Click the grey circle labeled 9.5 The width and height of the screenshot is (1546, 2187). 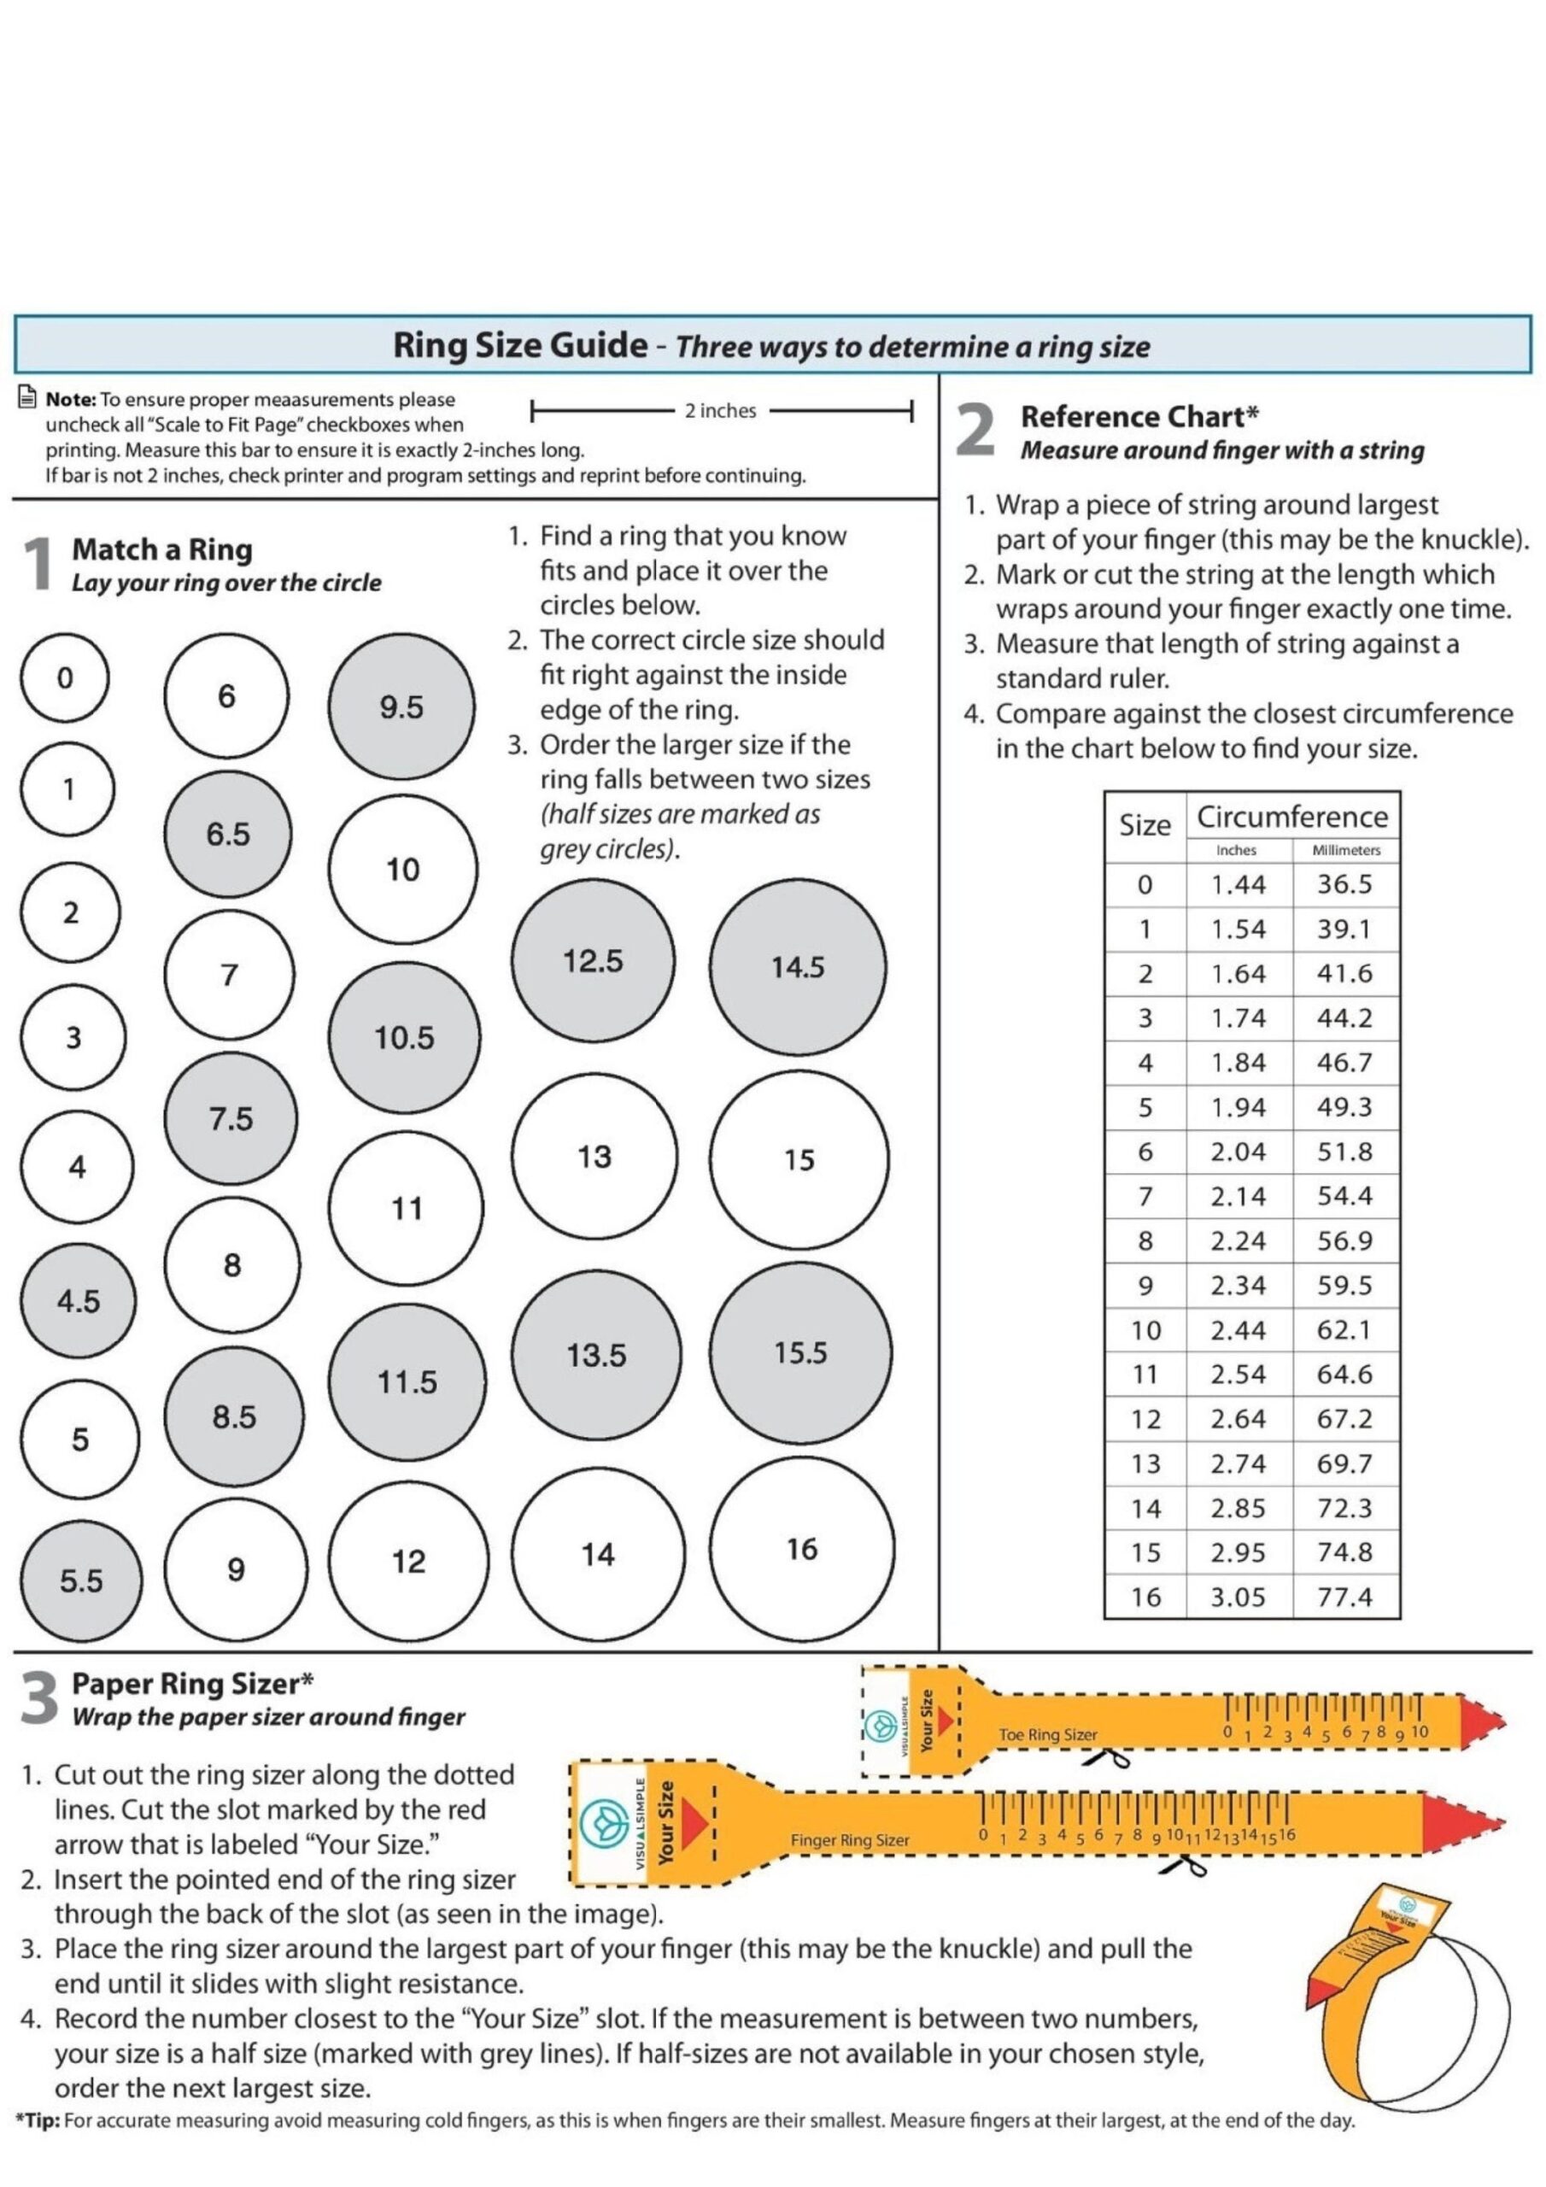(x=401, y=707)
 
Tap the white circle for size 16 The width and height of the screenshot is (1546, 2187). (x=801, y=1549)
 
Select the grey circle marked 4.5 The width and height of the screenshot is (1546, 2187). (x=78, y=1300)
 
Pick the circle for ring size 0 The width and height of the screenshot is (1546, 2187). (x=65, y=678)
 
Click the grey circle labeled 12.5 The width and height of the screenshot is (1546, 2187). (x=593, y=960)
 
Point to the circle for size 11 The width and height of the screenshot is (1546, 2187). (x=407, y=1208)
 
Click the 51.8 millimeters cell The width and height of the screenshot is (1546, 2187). (x=1344, y=1152)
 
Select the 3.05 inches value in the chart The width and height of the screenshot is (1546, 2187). (x=1238, y=1597)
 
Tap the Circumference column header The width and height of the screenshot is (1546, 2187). (x=1291, y=817)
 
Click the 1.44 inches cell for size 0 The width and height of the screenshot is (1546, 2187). (x=1238, y=884)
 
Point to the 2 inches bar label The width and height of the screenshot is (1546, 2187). (x=720, y=411)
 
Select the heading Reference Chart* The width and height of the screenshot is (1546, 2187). (x=1139, y=416)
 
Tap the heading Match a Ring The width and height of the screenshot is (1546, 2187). (x=162, y=549)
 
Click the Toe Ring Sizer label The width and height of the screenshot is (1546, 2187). (x=1047, y=1734)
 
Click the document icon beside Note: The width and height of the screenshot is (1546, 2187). (x=27, y=399)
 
